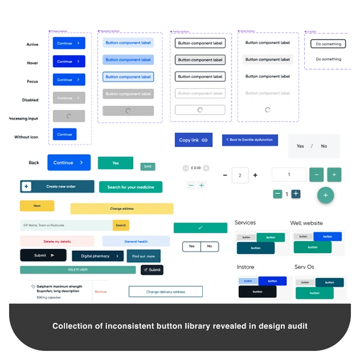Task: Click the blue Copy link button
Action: [x=193, y=140]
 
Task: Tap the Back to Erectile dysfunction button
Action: [x=250, y=140]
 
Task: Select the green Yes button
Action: [x=115, y=163]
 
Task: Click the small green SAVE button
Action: [x=148, y=166]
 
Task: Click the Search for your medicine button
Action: [x=131, y=187]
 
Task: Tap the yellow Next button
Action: [x=37, y=206]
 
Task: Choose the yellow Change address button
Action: [x=122, y=209]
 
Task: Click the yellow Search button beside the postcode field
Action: [x=121, y=225]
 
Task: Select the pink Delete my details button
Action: [x=57, y=241]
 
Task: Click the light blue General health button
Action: [x=136, y=241]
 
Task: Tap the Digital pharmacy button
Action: [x=98, y=256]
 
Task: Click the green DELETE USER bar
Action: [x=78, y=270]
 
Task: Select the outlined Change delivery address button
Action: [x=166, y=292]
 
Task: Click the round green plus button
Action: [x=326, y=195]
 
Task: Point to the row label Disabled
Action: [x=30, y=100]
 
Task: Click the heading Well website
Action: [x=306, y=223]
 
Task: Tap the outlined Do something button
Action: [x=328, y=44]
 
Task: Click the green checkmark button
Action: [x=200, y=228]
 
